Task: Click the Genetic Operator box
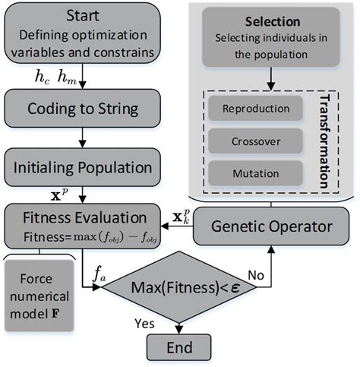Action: tap(271, 227)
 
